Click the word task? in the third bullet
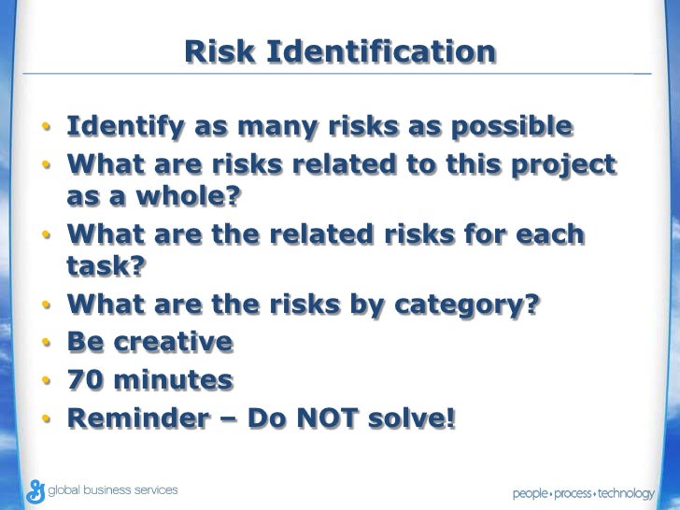(x=106, y=267)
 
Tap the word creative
(x=173, y=343)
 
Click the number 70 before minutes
(x=85, y=381)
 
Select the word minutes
(x=173, y=381)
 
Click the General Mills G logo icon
(x=36, y=490)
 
